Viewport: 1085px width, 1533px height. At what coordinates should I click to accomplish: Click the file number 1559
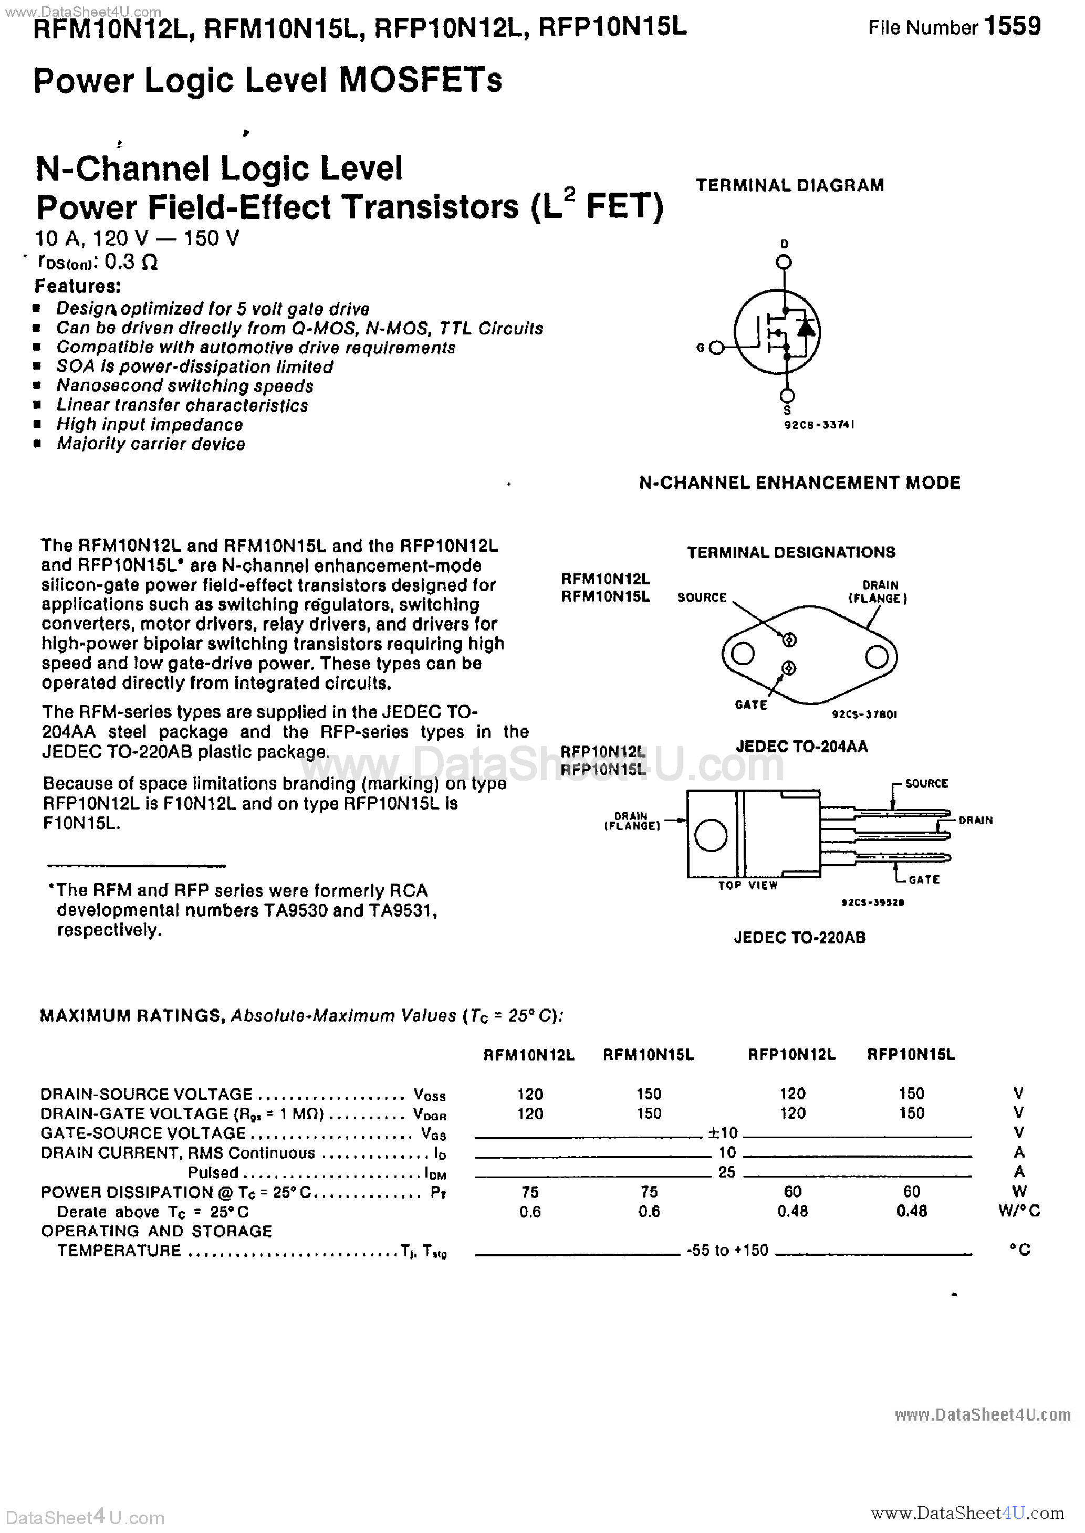tap(1012, 27)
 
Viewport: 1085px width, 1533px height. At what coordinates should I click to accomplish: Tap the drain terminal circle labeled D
tap(785, 262)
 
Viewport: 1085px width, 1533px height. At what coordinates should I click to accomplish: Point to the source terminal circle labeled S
tap(788, 395)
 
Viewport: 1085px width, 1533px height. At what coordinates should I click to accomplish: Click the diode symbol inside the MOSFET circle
tap(807, 329)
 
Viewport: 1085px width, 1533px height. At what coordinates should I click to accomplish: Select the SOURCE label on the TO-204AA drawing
tap(702, 597)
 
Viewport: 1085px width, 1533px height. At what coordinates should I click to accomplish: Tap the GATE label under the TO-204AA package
tap(750, 705)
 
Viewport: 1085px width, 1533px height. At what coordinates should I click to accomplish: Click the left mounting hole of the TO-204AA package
tap(743, 654)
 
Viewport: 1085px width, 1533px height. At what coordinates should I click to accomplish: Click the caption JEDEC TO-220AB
tap(799, 938)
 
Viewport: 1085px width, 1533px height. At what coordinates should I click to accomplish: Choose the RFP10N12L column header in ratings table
tap(792, 1054)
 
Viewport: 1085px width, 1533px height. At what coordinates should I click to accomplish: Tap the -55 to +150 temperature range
tap(727, 1250)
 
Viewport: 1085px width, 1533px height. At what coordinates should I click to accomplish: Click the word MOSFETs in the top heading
tap(421, 81)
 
